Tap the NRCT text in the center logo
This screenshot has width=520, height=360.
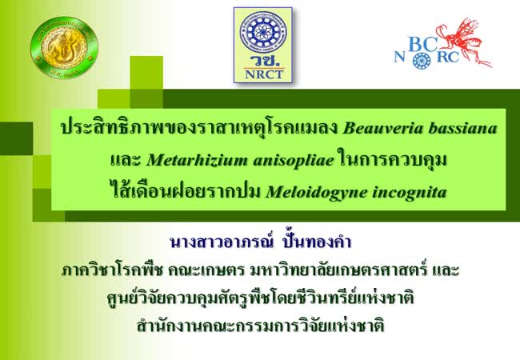[x=263, y=74]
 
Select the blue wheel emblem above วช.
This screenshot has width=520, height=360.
[x=263, y=32]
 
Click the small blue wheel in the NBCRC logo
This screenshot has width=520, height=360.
[x=422, y=60]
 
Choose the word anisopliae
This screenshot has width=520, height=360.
[x=294, y=161]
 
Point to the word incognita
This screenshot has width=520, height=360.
[x=409, y=193]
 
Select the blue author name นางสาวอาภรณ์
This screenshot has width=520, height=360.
[x=222, y=242]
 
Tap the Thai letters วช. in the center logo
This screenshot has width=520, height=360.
[x=263, y=61]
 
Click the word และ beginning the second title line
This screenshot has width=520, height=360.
[x=125, y=161]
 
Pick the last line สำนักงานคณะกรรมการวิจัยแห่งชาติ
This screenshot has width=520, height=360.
[x=260, y=325]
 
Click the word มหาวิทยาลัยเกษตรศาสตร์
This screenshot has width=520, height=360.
[x=337, y=270]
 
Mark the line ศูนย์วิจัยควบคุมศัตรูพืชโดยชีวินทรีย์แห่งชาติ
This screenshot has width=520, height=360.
[x=260, y=297]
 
